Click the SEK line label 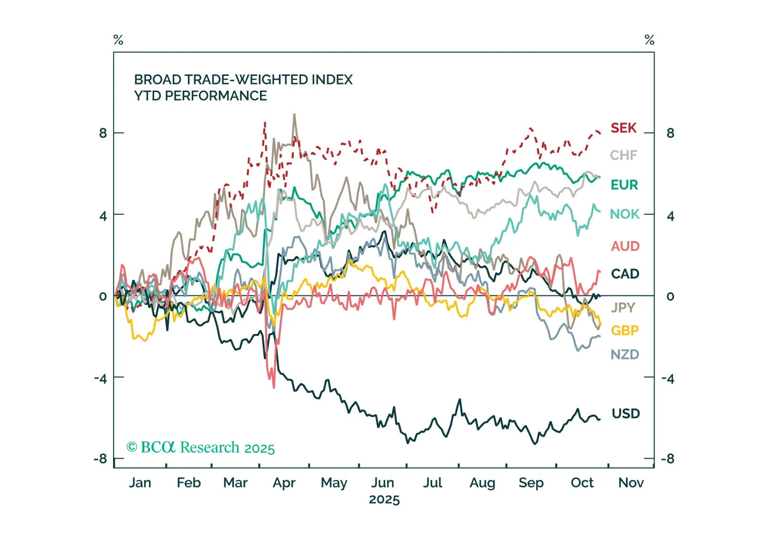[624, 128]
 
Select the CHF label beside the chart [624, 155]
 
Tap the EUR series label [624, 185]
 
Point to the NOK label [625, 214]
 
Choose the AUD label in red [625, 246]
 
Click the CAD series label [625, 274]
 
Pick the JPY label [623, 307]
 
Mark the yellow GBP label [625, 330]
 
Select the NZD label [625, 355]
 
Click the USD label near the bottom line [625, 413]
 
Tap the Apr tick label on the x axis [284, 483]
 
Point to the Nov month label [631, 483]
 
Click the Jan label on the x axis [140, 483]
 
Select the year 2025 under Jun [384, 500]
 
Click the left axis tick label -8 [100, 459]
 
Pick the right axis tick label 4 [670, 216]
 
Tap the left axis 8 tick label [103, 133]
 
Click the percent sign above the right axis [649, 40]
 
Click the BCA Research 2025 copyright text [200, 448]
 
